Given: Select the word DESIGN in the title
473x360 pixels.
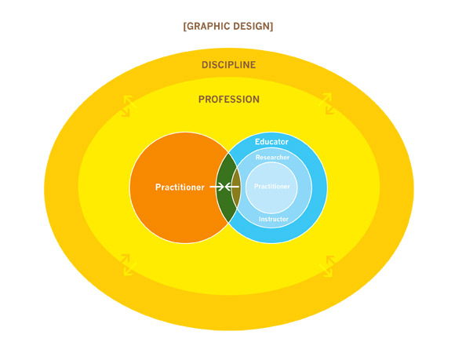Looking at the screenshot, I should click(253, 26).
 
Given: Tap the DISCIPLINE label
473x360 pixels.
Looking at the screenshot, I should click(228, 64).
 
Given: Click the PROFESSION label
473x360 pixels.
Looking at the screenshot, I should click(228, 100).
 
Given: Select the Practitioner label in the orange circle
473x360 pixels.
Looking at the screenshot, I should click(180, 187).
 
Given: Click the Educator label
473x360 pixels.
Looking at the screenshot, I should click(271, 142).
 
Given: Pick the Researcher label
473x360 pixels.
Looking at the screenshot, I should click(272, 158).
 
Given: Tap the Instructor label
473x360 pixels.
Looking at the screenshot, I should click(273, 219).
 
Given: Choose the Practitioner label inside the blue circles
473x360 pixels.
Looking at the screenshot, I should click(273, 187).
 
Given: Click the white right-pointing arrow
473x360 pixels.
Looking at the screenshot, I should click(216, 187).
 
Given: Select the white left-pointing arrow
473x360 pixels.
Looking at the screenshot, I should click(232, 187).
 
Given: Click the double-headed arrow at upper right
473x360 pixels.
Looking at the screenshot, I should click(323, 104).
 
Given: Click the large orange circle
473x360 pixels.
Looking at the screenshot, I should click(169, 220).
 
